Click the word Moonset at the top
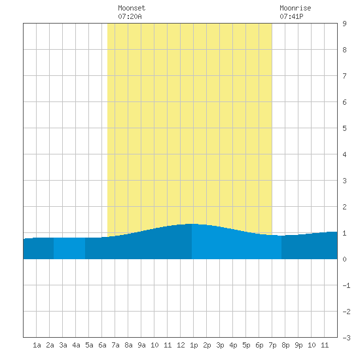tap(132, 8)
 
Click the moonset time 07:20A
tap(130, 16)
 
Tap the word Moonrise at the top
tap(295, 8)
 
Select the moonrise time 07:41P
tap(291, 16)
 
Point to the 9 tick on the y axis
tap(344, 24)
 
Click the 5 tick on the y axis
tap(344, 128)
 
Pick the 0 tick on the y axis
tap(344, 259)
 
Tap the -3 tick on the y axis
tap(346, 338)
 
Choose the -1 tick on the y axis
tap(346, 285)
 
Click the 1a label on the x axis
tap(37, 345)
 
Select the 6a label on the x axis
tap(102, 345)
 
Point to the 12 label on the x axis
tap(181, 345)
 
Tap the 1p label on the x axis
tap(194, 345)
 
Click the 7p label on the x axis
tap(272, 345)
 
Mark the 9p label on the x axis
tap(298, 345)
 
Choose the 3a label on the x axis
tap(63, 345)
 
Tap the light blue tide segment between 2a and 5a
tap(69, 249)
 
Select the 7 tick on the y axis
tap(344, 76)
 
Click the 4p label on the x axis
tap(233, 345)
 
